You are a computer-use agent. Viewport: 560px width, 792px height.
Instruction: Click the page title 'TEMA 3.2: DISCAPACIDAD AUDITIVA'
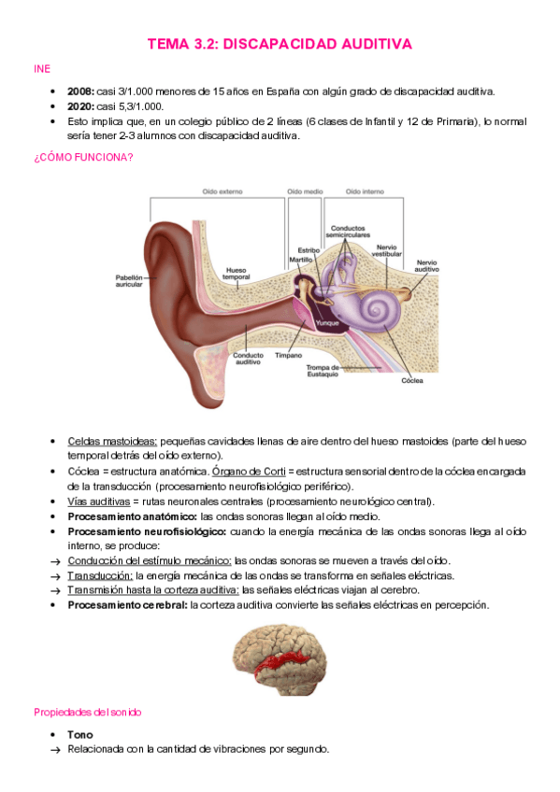point(280,44)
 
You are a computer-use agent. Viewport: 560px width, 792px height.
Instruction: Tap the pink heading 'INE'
point(42,69)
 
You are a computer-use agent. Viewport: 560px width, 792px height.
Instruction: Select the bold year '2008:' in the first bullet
point(80,92)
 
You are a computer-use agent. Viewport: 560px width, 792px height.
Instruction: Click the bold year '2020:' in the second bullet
point(80,106)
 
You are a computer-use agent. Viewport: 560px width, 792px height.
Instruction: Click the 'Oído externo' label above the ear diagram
point(223,191)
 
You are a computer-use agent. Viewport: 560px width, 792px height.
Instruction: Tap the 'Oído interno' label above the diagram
point(365,191)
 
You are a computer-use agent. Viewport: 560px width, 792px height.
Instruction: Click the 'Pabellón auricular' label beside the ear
point(129,280)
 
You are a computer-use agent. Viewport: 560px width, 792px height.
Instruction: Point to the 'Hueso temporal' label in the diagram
point(236,275)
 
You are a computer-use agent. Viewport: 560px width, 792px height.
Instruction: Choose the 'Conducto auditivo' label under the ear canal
point(247,358)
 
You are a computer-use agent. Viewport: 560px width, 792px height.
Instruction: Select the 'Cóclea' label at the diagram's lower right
point(412,381)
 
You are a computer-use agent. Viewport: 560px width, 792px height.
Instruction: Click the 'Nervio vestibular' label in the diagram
point(387,250)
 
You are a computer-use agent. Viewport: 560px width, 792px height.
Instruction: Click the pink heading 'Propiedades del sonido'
point(87,712)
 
